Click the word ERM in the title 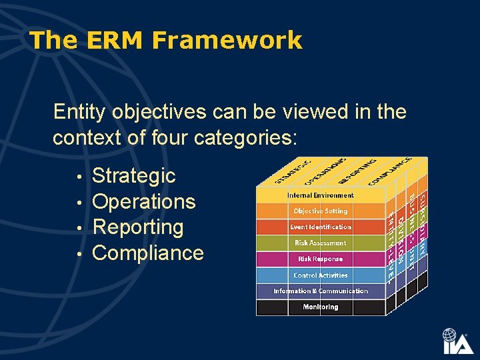pos(115,41)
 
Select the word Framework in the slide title pos(227,41)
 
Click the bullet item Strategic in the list pos(133,176)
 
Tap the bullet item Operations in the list pos(143,201)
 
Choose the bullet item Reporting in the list pos(137,227)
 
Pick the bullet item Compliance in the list pos(147,253)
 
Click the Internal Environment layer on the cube pos(320,195)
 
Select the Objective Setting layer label pos(320,211)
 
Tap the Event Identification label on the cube pos(320,227)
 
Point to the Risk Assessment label pos(320,243)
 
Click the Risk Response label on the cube pos(320,259)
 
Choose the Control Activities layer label pos(320,275)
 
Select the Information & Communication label pos(320,291)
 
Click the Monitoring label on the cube pos(320,307)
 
